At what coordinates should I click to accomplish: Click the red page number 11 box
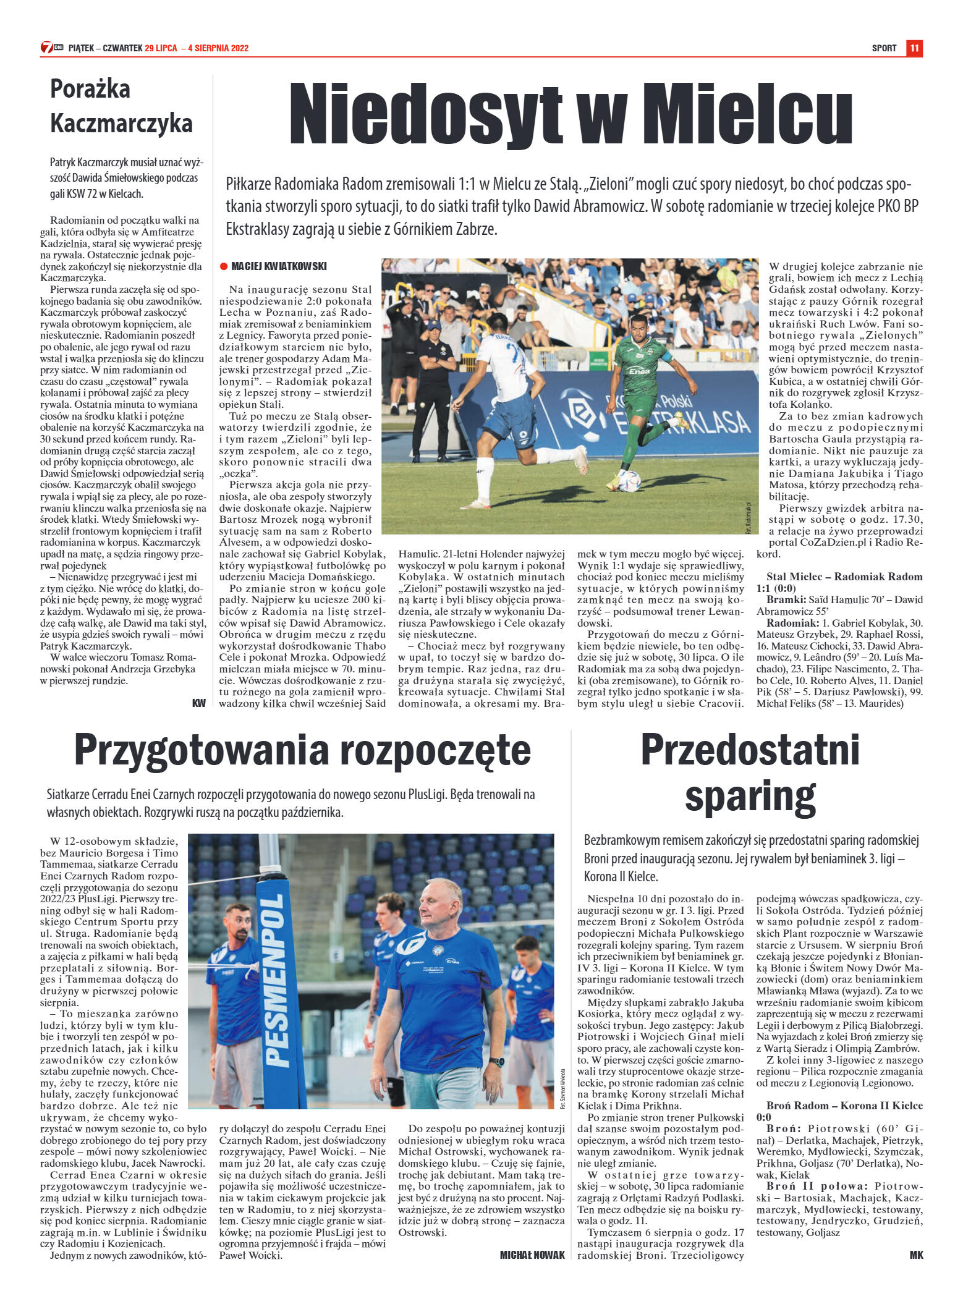(914, 48)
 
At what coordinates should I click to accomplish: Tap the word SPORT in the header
(884, 48)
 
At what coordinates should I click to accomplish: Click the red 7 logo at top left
(47, 48)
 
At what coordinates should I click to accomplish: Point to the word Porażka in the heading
(90, 89)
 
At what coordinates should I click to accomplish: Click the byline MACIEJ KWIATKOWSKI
(279, 266)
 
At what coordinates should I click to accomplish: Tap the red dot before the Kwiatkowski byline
(224, 266)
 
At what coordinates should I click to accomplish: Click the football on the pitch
(629, 481)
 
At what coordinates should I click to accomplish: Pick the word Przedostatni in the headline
(750, 750)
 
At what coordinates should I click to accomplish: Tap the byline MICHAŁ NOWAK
(532, 1255)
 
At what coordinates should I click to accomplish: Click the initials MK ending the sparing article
(916, 1255)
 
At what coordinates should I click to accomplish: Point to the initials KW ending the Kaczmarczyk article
(198, 703)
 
